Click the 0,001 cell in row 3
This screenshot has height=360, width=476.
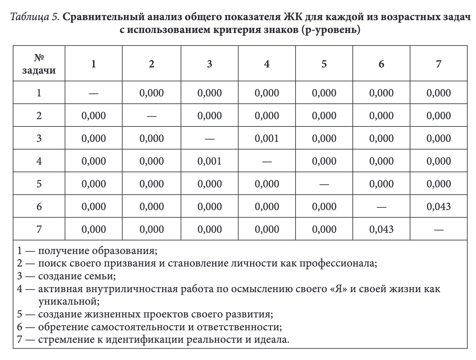pos(267,138)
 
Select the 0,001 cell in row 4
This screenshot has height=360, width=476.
pos(209,161)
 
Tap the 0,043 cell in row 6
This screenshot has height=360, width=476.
pos(439,206)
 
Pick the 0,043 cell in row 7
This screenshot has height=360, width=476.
pos(381,229)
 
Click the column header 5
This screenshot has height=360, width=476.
pos(324,64)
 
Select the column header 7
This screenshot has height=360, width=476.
pos(439,64)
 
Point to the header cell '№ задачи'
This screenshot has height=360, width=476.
pos(39,64)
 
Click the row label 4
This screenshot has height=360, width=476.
pos(39,161)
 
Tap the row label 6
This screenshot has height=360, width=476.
pos(39,206)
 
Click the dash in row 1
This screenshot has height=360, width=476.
pos(94,93)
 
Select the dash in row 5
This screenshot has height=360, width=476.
pos(324,184)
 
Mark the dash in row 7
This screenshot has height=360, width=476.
pos(439,230)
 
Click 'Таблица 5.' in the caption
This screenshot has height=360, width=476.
pos(35,17)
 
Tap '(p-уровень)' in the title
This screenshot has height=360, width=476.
pos(330,30)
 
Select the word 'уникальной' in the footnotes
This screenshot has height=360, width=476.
pos(68,301)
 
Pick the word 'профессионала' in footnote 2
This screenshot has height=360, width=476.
pos(337,263)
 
